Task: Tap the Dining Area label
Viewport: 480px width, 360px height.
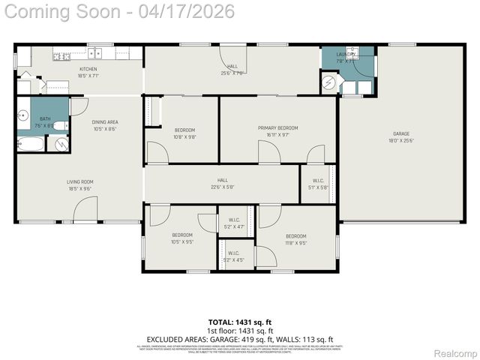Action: (x=105, y=124)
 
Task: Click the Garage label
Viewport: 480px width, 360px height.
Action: (x=400, y=136)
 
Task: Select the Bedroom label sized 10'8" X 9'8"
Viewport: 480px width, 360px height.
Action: (x=184, y=133)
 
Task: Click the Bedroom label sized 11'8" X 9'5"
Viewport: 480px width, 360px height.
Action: (x=295, y=239)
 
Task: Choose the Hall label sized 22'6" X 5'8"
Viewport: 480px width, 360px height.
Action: (x=222, y=183)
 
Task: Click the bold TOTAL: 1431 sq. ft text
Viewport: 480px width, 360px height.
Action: (x=240, y=323)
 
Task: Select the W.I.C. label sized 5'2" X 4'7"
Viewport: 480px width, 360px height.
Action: (x=234, y=223)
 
